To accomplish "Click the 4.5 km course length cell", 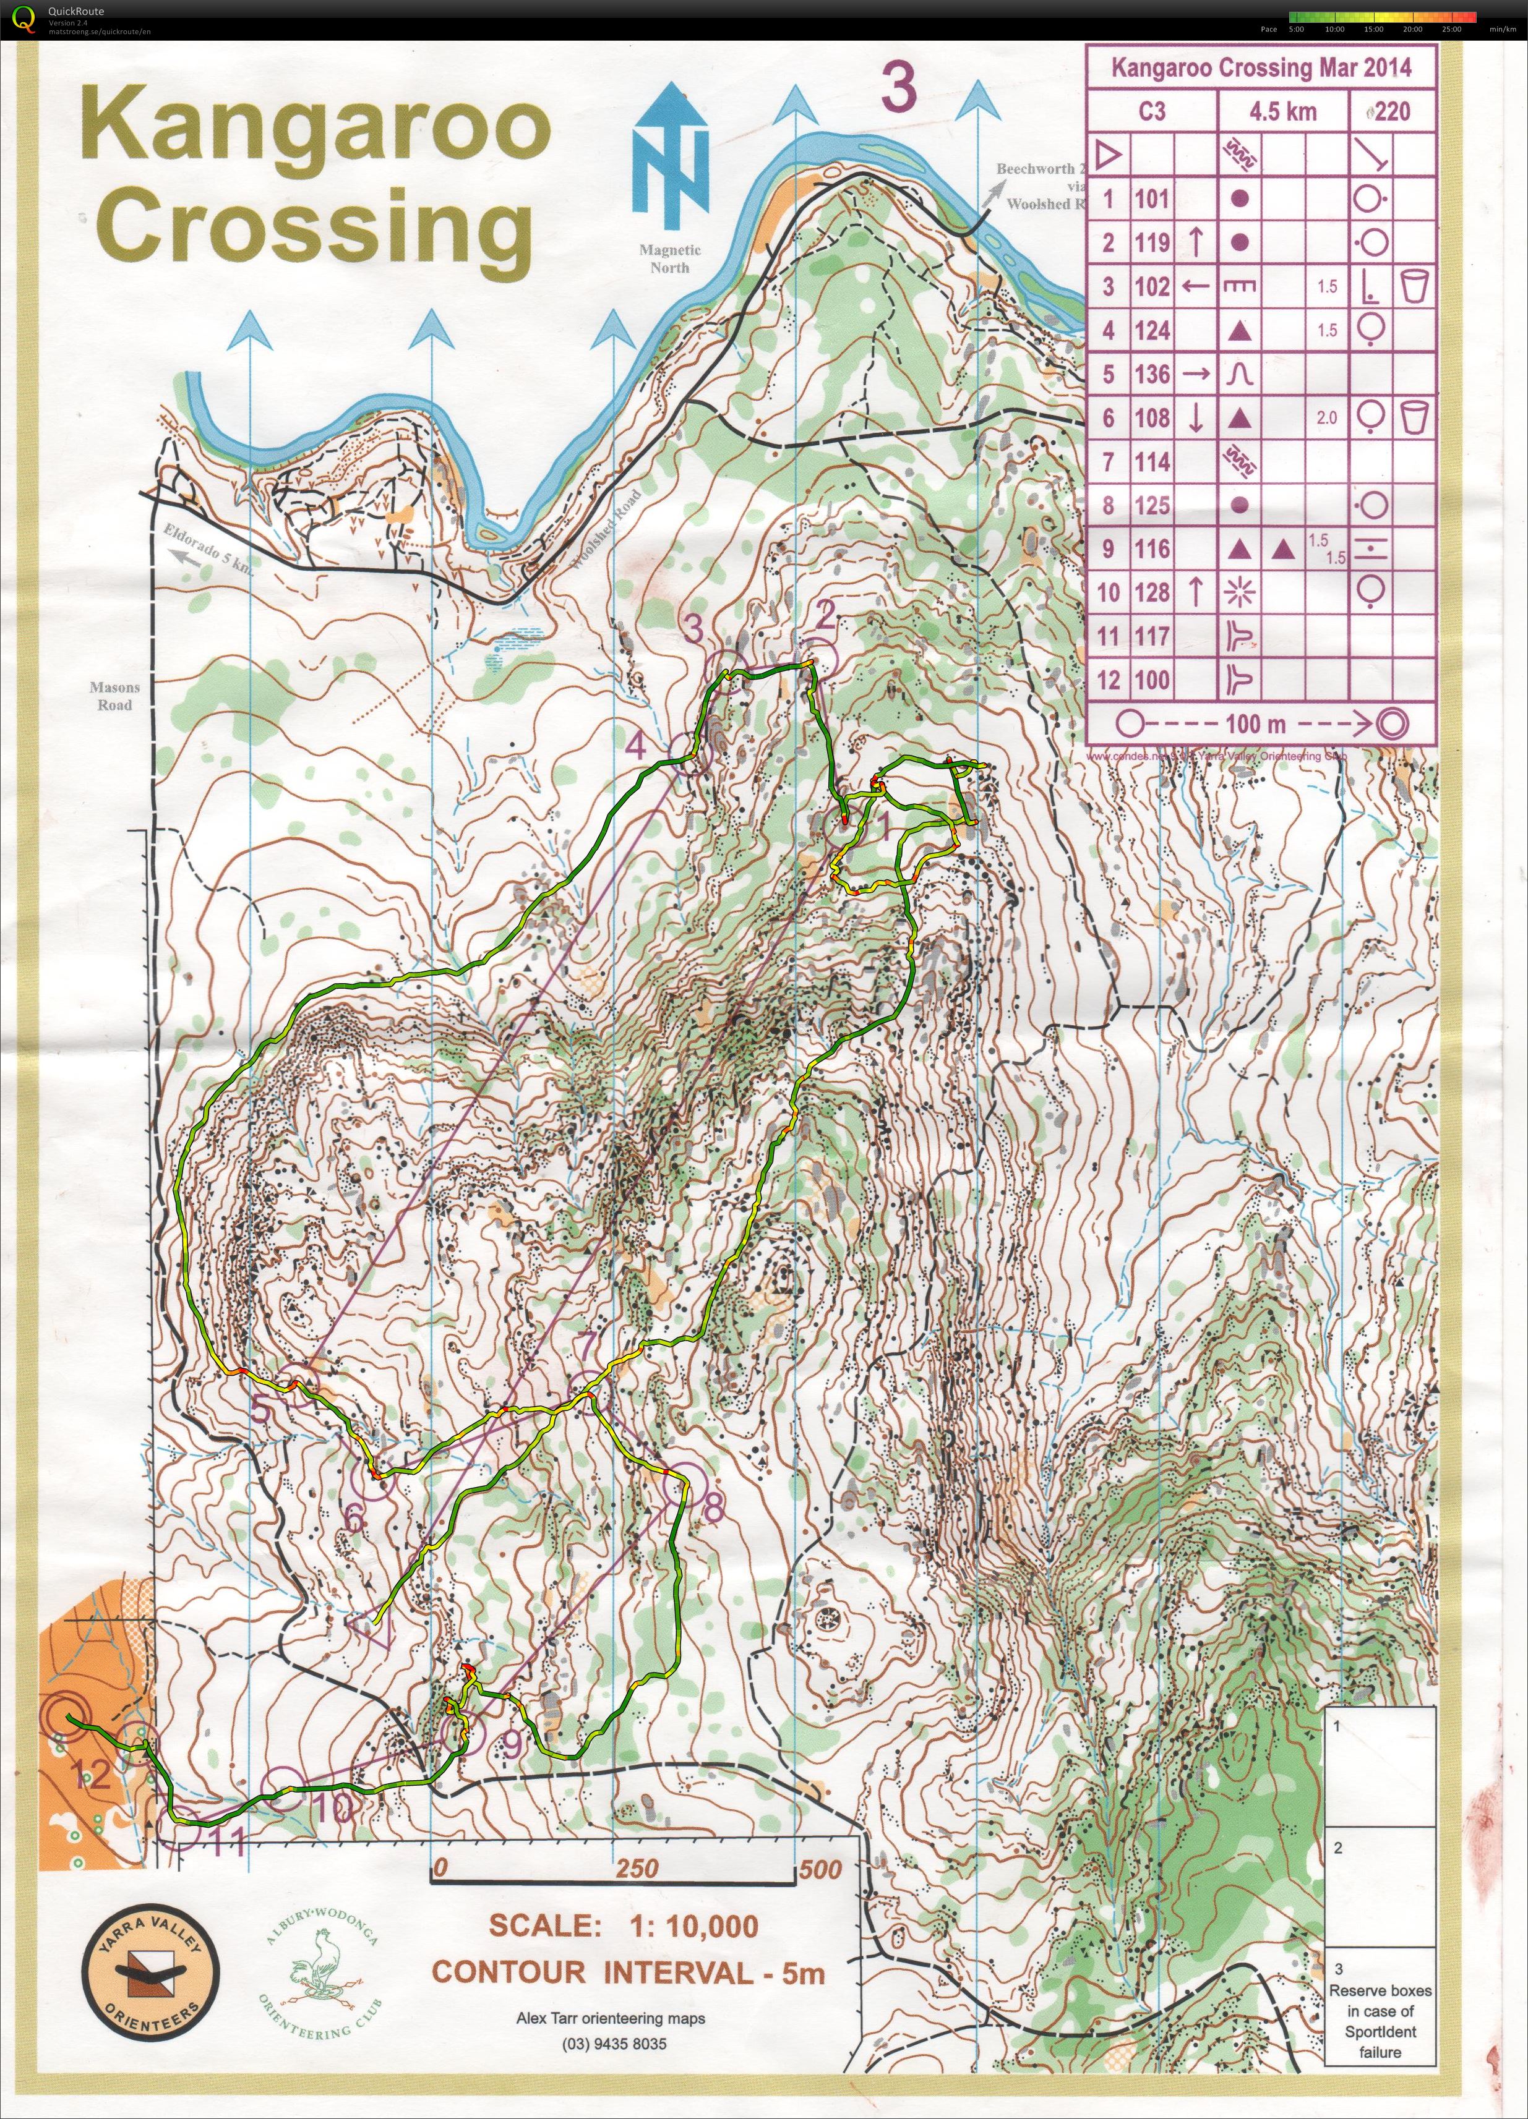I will (x=1283, y=112).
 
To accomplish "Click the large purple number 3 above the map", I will (x=898, y=90).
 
